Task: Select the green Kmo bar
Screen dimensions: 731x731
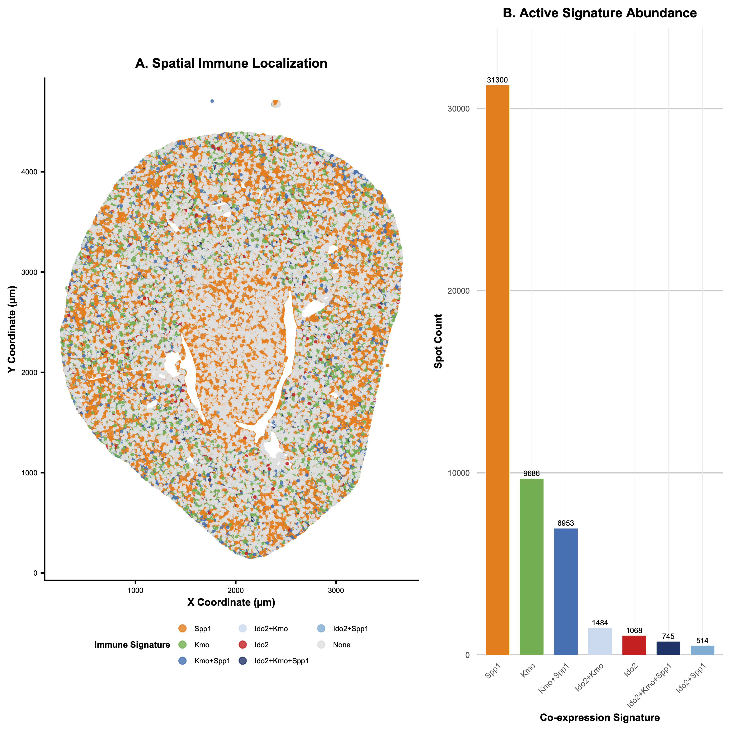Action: click(x=532, y=567)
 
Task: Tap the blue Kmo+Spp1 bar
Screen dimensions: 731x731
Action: click(x=566, y=592)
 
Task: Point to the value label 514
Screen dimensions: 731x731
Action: click(x=702, y=641)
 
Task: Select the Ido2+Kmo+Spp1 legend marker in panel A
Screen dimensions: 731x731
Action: click(x=243, y=661)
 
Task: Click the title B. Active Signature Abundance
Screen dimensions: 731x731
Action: click(x=599, y=13)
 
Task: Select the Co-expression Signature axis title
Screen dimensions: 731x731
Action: click(x=599, y=717)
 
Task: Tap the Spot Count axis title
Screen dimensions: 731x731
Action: click(x=438, y=341)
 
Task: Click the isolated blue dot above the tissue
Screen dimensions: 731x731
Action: click(x=212, y=101)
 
